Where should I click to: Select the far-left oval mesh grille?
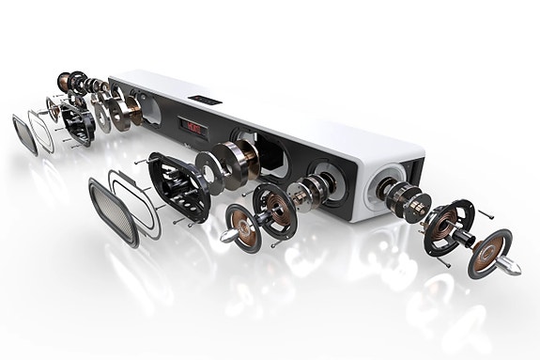tap(24, 133)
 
